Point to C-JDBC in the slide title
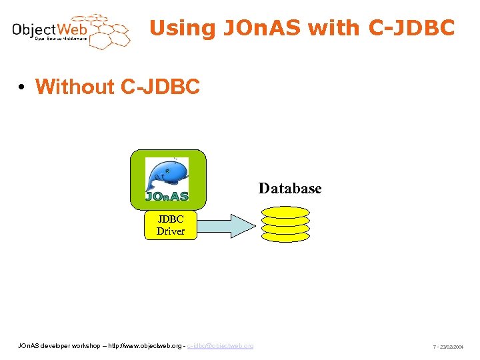(x=409, y=28)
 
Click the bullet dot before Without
(x=22, y=87)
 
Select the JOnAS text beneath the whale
(x=167, y=196)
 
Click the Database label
(x=290, y=189)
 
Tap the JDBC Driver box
(x=171, y=225)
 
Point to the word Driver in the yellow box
(x=171, y=231)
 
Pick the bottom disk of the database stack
(x=285, y=236)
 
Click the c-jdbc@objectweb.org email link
(x=220, y=345)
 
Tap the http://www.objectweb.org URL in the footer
(x=143, y=345)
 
